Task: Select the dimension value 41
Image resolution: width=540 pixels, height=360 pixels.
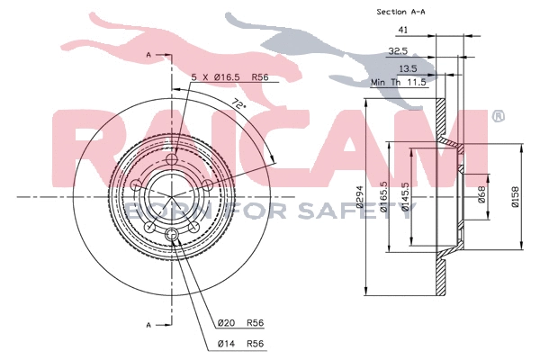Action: tap(402, 31)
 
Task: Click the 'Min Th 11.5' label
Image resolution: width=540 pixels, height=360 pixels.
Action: tap(399, 82)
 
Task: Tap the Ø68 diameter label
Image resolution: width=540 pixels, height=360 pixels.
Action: tap(482, 193)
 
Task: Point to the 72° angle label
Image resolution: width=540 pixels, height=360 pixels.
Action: tap(238, 103)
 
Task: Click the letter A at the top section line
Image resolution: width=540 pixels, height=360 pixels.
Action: tap(148, 56)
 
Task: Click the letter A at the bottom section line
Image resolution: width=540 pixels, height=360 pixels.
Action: tap(148, 322)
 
